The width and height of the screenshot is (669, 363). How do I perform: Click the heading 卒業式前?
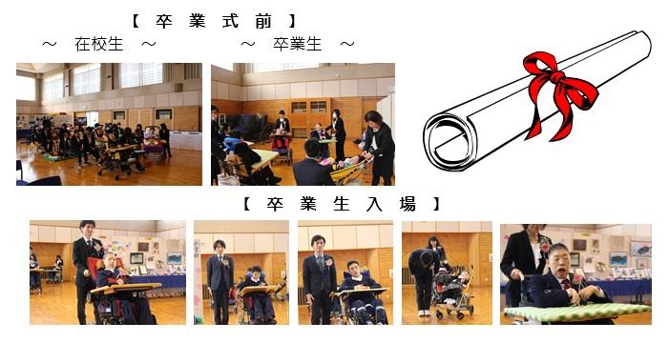tap(214, 21)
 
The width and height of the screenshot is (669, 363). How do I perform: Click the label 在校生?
tap(99, 44)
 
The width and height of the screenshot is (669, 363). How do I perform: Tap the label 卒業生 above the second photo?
tap(298, 44)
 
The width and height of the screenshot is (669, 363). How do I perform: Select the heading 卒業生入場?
tap(341, 204)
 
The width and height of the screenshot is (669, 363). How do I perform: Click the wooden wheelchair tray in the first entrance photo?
tap(126, 289)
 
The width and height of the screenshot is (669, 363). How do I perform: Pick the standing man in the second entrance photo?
tap(220, 281)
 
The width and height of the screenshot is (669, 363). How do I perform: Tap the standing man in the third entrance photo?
tap(319, 279)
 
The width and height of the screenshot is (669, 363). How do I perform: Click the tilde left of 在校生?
tap(50, 44)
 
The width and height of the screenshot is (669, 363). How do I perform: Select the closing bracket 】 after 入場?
tap(435, 204)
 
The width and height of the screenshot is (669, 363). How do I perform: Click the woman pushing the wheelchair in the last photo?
tap(524, 264)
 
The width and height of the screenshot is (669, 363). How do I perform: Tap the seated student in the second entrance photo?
tap(255, 294)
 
